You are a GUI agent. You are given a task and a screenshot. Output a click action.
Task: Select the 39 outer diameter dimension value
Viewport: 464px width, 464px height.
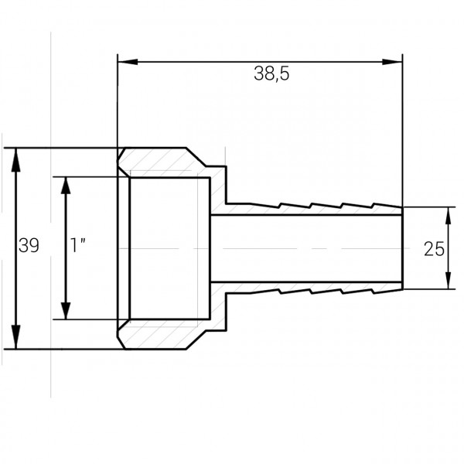tap(29, 247)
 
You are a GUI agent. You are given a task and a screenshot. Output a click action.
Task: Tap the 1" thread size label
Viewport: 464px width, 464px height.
tap(77, 247)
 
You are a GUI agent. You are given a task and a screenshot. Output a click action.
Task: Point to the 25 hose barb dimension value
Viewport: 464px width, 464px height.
tap(434, 248)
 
